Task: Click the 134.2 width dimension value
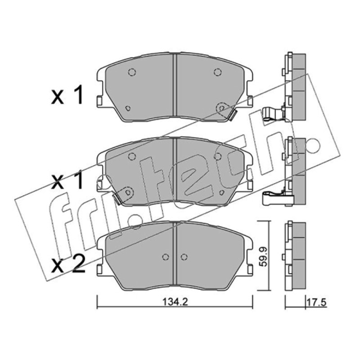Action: [175, 301]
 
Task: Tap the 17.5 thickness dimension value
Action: [317, 302]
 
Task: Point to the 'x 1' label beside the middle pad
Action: [67, 181]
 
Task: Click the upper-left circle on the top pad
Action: [132, 72]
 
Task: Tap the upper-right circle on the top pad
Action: [217, 72]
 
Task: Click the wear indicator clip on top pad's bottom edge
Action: [233, 115]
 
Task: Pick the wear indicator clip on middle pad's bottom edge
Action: [117, 199]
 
